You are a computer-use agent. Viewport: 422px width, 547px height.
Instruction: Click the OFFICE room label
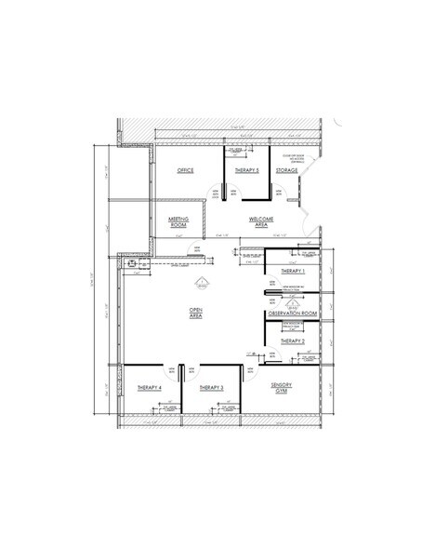(x=184, y=171)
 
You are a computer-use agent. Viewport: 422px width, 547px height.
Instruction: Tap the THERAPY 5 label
(x=245, y=171)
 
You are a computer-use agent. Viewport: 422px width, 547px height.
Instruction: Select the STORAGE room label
(x=286, y=171)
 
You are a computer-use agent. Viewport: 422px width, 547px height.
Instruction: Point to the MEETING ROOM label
(x=178, y=221)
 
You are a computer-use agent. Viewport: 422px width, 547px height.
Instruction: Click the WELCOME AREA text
(x=259, y=221)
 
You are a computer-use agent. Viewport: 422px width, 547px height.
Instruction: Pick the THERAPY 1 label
(x=292, y=271)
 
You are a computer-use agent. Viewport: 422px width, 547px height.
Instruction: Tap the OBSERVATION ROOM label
(x=292, y=314)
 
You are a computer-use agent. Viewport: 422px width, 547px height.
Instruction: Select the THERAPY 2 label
(x=292, y=341)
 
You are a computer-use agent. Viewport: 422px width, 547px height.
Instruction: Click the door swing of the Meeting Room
(x=189, y=250)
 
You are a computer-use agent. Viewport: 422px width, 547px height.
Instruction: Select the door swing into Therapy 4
(x=173, y=372)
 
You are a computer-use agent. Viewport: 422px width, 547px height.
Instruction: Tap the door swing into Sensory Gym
(x=249, y=372)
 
